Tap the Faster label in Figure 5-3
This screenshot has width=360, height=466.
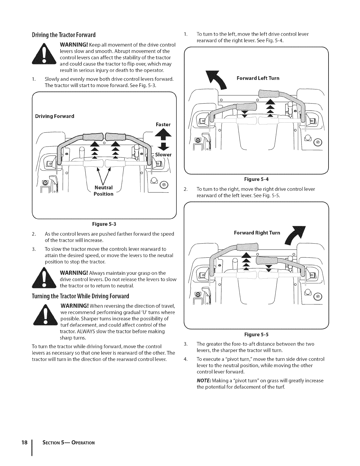(x=163, y=124)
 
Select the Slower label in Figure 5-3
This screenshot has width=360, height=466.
(x=163, y=155)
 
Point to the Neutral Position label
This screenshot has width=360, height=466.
(x=104, y=191)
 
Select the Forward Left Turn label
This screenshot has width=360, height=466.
(x=258, y=78)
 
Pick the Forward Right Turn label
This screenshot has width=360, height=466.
(x=257, y=233)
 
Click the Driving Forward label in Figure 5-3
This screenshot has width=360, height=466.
(x=54, y=116)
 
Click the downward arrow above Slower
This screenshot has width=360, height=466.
(x=161, y=146)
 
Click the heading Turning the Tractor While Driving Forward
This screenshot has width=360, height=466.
(x=80, y=296)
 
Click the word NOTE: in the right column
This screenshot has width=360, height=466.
(x=204, y=381)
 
